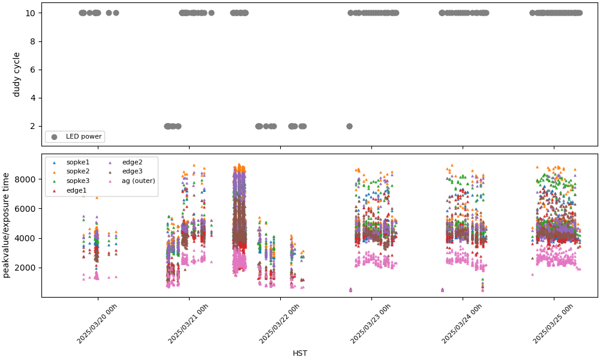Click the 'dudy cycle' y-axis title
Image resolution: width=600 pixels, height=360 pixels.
tap(17, 74)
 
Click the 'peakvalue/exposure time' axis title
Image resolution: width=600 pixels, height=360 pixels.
tap(7, 225)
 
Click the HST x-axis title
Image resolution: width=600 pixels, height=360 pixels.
tap(300, 353)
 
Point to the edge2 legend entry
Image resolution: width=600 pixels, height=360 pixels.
tap(132, 162)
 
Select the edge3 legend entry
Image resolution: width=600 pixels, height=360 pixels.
tap(132, 172)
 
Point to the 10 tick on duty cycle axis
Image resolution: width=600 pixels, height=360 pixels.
tap(34, 13)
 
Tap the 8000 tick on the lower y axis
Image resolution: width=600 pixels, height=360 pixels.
tap(29, 179)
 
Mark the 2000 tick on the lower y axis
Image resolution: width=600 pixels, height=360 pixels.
tap(29, 268)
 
